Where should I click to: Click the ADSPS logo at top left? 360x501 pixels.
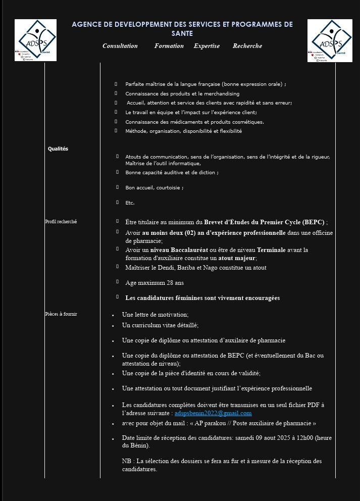[x=35, y=40]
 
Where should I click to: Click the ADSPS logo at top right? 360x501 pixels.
[x=330, y=40]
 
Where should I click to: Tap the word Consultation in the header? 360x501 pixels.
[x=120, y=46]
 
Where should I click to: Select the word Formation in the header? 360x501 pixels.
[x=169, y=46]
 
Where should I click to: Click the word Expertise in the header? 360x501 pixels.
[x=207, y=46]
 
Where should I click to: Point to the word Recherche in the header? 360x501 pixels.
[x=247, y=46]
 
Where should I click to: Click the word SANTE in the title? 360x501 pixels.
[x=182, y=33]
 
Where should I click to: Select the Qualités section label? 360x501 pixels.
[x=58, y=149]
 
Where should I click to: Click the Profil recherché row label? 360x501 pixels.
[x=61, y=222]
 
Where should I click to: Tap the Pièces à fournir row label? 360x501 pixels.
[x=61, y=314]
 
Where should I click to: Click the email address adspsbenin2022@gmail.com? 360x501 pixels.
[x=213, y=413]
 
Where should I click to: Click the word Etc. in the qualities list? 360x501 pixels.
[x=130, y=203]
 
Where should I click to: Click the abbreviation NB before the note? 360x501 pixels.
[x=126, y=461]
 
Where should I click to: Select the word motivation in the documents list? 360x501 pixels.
[x=172, y=315]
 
